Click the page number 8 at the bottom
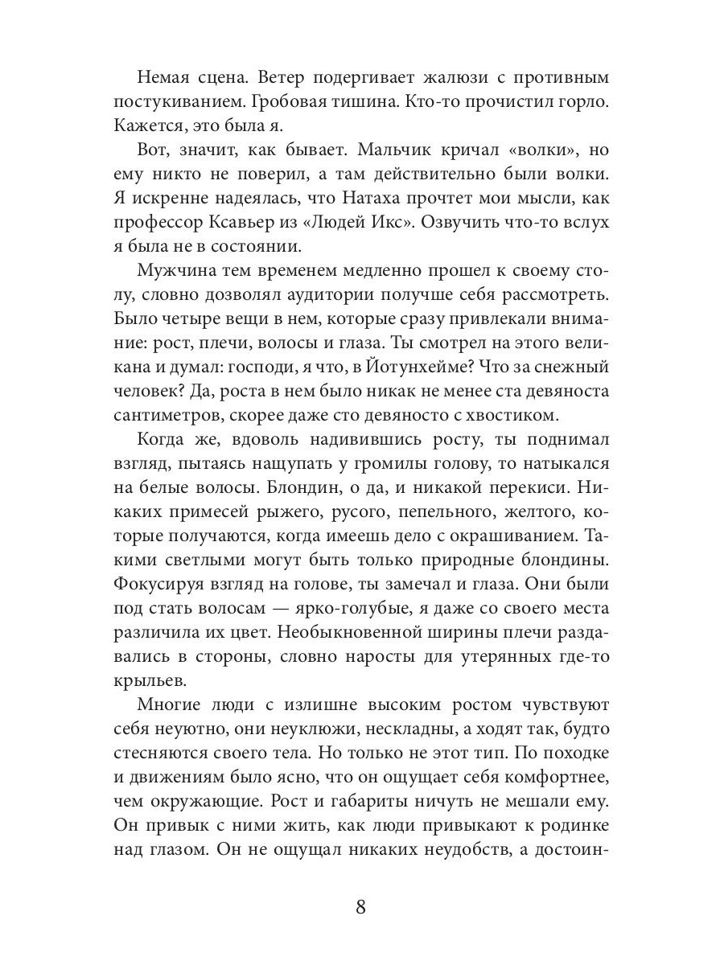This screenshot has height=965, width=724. pos(360,907)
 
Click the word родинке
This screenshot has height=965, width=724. pos(570,835)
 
